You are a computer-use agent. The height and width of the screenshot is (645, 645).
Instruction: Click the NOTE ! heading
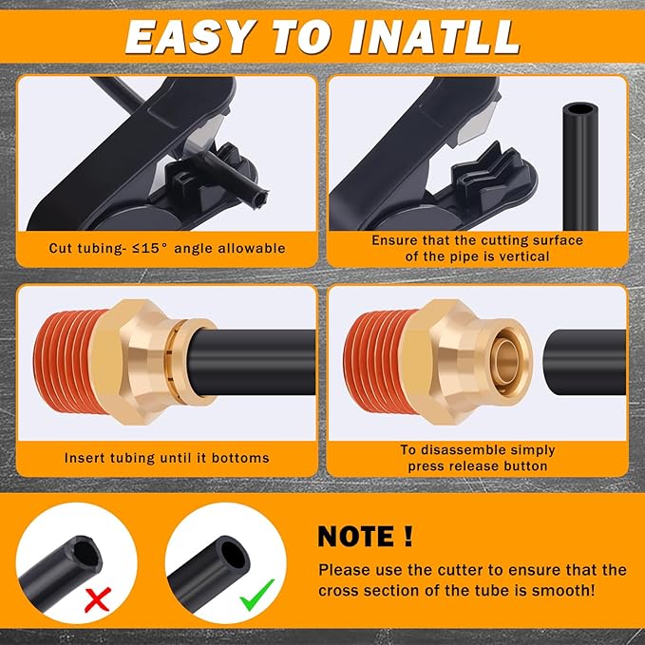[x=365, y=535]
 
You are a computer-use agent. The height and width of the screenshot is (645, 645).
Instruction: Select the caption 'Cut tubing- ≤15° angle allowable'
[x=167, y=248]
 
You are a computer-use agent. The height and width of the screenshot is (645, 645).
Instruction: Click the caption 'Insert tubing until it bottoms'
[x=167, y=458]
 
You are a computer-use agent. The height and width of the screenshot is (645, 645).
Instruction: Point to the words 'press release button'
[x=477, y=465]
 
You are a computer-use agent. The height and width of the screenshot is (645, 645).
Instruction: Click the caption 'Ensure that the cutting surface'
[x=477, y=240]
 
